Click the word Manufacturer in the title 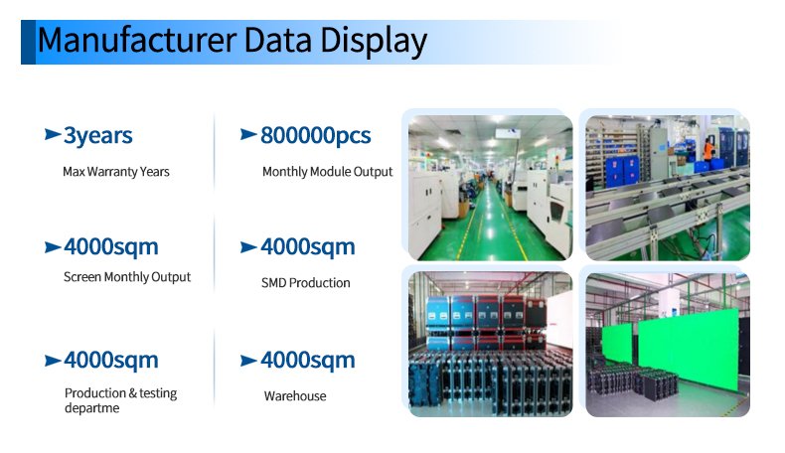pos(137,40)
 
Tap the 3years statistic pos(98,136)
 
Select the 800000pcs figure pos(315,136)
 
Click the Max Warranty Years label pos(116,172)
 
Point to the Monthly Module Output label pos(328,172)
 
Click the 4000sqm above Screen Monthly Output pos(111,247)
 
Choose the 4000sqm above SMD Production pos(308,247)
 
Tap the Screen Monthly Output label pos(127,277)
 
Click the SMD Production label pos(305,283)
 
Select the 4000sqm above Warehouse pos(308,361)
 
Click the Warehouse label pos(295,396)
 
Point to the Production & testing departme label pos(120,400)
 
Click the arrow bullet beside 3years pos(53,134)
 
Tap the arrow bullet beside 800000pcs pos(248,134)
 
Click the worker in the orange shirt pos(708,149)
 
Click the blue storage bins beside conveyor pos(622,171)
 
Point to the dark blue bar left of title pos(28,42)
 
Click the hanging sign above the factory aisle pos(508,133)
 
